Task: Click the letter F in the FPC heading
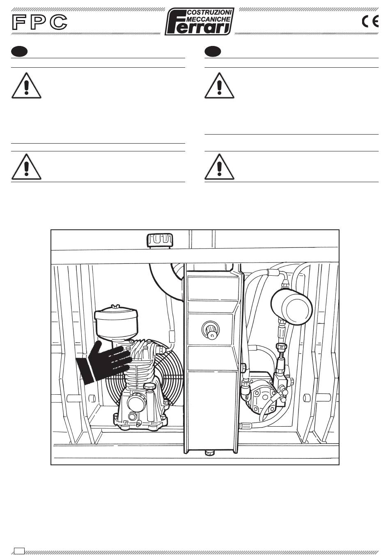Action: (18, 23)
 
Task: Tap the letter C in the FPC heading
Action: (58, 23)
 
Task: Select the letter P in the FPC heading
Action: (38, 23)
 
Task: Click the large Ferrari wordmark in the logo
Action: (199, 28)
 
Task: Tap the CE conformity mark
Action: (370, 21)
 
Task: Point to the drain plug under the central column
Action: (210, 453)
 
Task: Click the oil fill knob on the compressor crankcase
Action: (133, 417)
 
